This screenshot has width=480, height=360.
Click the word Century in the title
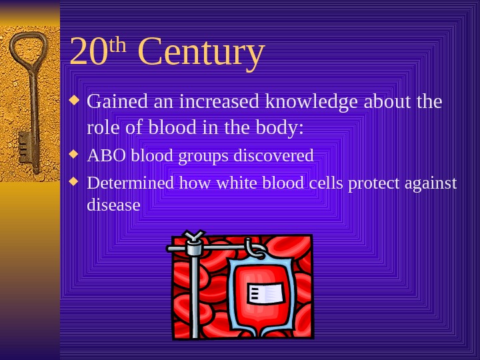(201, 53)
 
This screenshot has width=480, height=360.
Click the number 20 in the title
(88, 53)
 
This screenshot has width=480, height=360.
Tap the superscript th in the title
(117, 45)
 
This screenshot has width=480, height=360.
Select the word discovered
(273, 156)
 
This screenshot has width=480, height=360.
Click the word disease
(113, 205)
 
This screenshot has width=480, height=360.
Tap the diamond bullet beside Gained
(75, 101)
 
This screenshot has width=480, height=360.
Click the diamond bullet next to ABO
(75, 155)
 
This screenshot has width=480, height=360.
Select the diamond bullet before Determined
(75, 182)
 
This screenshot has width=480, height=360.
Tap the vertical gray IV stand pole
(195, 293)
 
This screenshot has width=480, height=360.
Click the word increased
(221, 102)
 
